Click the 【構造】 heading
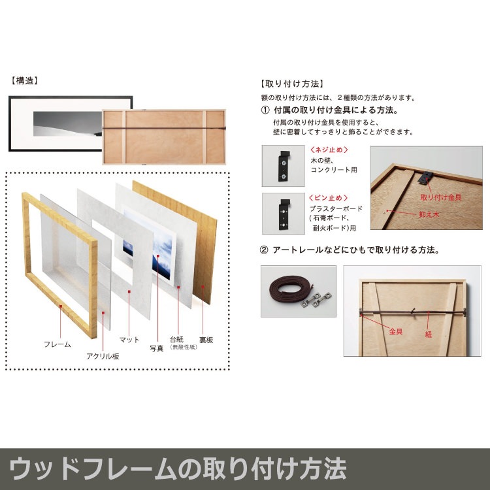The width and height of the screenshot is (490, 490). [x=25, y=82]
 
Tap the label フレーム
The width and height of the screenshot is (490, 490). [x=57, y=344]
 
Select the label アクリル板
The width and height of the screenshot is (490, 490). [x=103, y=356]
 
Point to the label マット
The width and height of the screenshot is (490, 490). [x=129, y=340]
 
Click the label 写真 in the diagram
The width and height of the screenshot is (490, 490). [x=156, y=348]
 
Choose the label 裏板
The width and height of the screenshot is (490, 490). [x=206, y=340]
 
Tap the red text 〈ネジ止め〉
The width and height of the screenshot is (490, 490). [x=327, y=150]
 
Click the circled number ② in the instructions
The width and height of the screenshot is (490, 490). [x=265, y=250]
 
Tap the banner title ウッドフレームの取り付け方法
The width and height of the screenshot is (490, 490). [x=178, y=468]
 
